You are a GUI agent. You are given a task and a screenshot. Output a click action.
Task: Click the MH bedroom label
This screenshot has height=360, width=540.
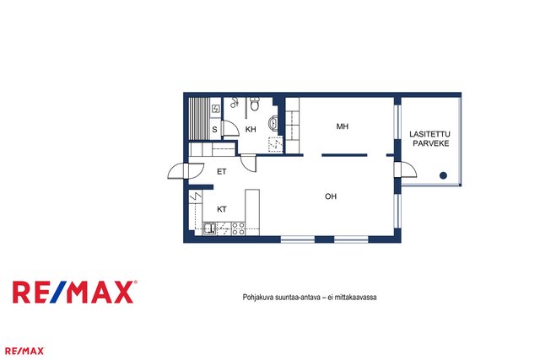coord(343,126)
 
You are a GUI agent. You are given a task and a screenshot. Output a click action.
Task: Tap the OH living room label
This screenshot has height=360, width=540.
coord(331,196)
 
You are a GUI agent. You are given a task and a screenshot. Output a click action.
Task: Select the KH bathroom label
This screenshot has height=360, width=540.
coord(251,129)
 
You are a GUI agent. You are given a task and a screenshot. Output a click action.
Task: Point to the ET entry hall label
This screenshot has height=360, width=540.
coord(221,171)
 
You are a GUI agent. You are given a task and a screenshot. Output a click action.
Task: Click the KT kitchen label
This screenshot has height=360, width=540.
coord(222,209)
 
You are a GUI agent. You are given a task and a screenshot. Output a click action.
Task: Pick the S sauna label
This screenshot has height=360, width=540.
coord(214,130)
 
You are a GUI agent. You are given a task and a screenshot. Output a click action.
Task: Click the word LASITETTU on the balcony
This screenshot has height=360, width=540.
coord(429,134)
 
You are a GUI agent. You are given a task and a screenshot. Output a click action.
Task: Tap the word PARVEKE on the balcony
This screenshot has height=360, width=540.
coord(431,143)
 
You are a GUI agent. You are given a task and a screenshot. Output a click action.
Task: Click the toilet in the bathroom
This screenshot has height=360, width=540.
coord(255,104)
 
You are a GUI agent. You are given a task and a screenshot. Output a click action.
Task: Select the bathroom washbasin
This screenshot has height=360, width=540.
coord(273,123)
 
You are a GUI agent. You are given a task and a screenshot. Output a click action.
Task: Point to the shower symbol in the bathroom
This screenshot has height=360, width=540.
coord(235,102)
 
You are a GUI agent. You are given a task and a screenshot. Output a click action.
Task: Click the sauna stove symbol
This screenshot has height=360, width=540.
coord(216,109)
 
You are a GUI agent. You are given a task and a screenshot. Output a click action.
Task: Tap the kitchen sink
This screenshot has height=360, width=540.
coord(209,228)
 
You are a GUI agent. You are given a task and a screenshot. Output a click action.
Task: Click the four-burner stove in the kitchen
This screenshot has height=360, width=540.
coord(238,228)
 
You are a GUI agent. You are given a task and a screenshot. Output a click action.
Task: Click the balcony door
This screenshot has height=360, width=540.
coord(406,170)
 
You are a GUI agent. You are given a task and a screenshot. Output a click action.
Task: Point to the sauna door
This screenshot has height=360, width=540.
coord(230,128)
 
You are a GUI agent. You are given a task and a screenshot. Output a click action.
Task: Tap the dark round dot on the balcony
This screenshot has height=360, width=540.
coord(443,175)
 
